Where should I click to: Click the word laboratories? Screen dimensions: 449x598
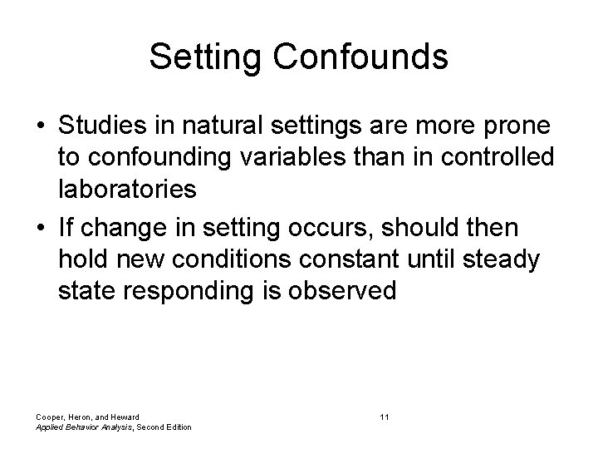127,188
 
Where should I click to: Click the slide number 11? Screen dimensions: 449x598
384,416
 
